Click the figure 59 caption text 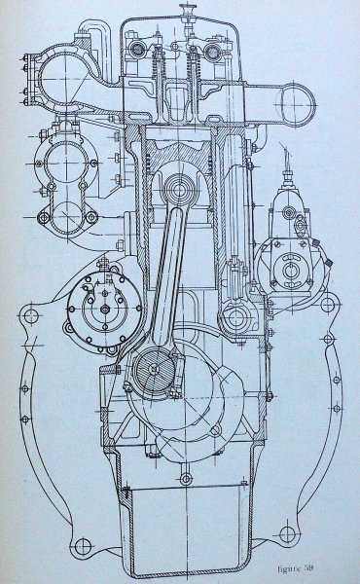(x=296, y=568)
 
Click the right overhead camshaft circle (x=213, y=52)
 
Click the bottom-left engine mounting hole (x=83, y=546)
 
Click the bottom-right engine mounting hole (x=288, y=534)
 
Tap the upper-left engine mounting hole (x=30, y=316)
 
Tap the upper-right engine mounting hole (x=328, y=305)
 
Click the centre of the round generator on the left (x=105, y=309)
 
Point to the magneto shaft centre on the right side (x=289, y=270)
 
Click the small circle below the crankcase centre (x=186, y=479)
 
